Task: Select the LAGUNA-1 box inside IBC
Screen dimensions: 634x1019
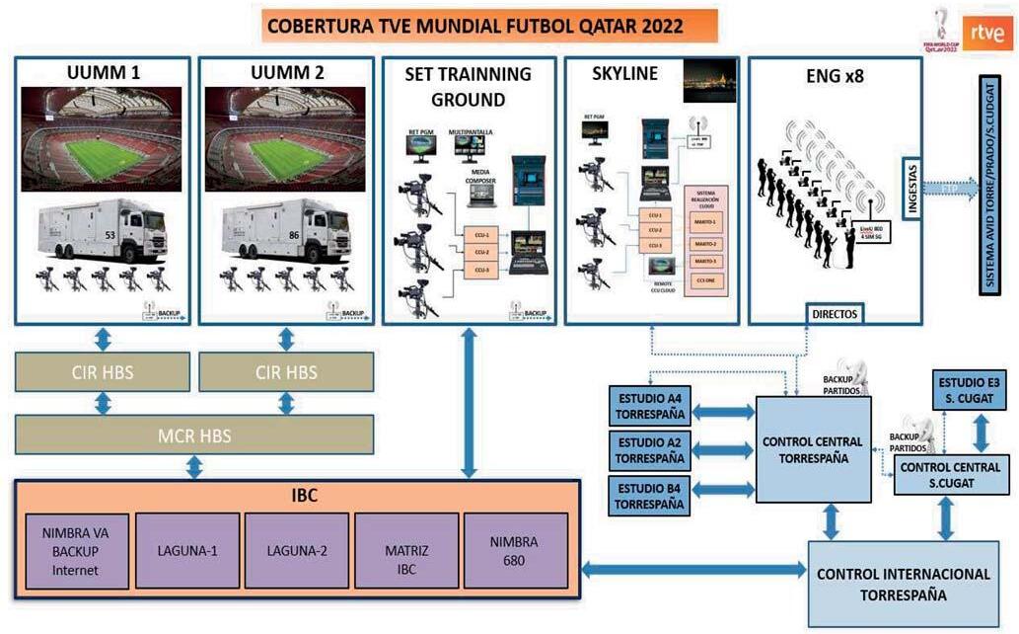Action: click(186, 551)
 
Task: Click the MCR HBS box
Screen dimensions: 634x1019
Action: click(194, 435)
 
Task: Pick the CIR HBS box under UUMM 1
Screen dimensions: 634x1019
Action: click(103, 372)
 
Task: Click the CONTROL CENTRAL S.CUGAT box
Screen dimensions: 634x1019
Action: click(951, 475)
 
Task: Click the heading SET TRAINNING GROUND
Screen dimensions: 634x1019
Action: click(469, 86)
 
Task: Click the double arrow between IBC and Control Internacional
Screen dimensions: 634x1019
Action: click(693, 569)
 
